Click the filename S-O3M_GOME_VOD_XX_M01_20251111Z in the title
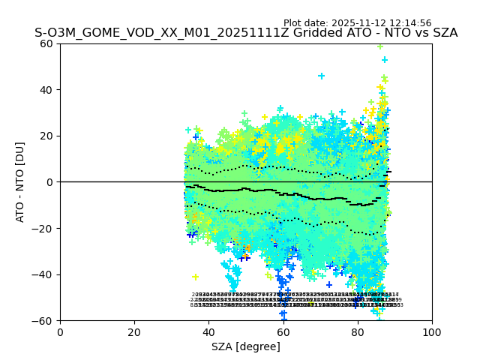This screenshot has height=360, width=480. coord(140,33)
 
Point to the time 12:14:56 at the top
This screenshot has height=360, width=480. coord(411,23)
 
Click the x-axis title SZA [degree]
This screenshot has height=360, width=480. coord(246,346)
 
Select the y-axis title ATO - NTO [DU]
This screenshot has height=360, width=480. coord(20,182)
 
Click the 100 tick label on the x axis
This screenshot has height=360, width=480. coord(432,331)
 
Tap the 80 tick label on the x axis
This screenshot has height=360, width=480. coord(358,331)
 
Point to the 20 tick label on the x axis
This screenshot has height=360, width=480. coord(134,331)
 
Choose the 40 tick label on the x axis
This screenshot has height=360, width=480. coord(208,331)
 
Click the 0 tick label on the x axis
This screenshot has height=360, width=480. coord(60,331)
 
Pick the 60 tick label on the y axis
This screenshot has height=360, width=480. coord(46,43)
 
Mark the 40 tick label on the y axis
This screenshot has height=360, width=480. coord(46,90)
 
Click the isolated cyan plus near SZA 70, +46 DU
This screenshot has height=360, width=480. coord(321,76)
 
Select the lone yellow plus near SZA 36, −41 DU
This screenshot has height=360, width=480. coord(195,277)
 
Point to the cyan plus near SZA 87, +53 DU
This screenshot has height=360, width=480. coord(385,60)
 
